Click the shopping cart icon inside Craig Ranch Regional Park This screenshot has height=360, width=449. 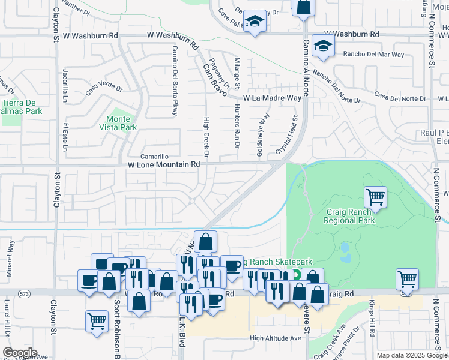coord(375,196)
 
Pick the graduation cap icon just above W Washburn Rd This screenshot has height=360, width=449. coord(255,22)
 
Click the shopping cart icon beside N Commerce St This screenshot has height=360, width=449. coord(407,278)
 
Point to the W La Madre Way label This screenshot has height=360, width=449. coord(272,98)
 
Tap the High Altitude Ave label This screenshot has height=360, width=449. coord(276,338)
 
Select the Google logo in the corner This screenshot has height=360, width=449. coord(20,353)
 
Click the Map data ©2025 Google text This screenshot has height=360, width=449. coord(411,355)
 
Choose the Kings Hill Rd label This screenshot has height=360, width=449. coord(372,317)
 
